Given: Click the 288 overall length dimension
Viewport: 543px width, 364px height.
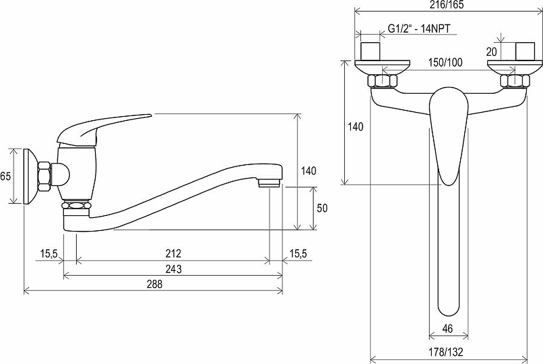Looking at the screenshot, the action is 154,284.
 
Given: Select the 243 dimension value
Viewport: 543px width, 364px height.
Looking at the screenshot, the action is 174,269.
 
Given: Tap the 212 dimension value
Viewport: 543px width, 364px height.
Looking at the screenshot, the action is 173,253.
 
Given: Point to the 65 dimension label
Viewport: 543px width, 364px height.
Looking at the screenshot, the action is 5,176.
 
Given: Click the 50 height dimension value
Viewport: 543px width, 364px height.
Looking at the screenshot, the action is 322,208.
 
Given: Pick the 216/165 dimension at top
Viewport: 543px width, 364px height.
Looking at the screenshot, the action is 447,5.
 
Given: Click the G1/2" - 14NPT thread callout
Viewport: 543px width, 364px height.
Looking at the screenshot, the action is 419,28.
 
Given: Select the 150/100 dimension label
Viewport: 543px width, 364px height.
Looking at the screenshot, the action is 445,62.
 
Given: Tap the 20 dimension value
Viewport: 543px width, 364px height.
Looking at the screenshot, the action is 491,52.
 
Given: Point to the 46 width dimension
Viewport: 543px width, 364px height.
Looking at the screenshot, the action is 448,328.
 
